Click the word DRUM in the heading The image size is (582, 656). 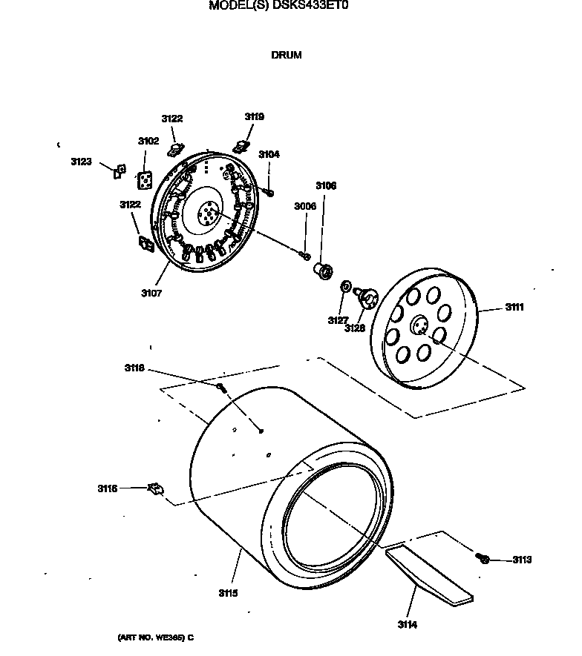[287, 55]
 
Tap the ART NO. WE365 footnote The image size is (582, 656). [155, 637]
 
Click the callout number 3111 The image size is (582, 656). [514, 307]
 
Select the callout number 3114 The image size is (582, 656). [406, 625]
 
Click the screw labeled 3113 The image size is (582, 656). [483, 558]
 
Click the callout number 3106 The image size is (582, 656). [326, 186]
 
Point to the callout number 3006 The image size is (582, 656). [304, 206]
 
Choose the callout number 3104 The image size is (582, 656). [269, 154]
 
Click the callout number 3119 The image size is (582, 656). [254, 116]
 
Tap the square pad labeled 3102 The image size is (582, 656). [146, 180]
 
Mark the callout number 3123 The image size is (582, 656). [82, 161]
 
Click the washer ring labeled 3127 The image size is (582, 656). [346, 287]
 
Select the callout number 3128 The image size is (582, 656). [354, 328]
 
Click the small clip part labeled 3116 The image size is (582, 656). [156, 488]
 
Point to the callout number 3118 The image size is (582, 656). [134, 368]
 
